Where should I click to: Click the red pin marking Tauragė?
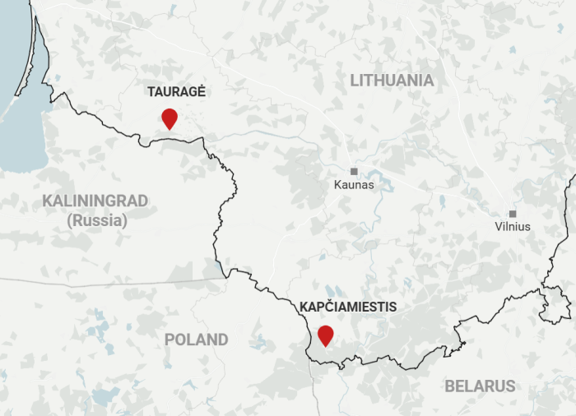tap(170, 118)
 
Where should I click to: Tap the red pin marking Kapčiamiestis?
tap(326, 335)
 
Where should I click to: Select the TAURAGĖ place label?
tap(176, 92)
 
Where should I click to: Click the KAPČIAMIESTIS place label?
tap(348, 307)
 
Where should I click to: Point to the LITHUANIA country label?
tap(392, 81)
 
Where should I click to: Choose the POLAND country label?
tap(196, 340)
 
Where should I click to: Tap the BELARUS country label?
tap(480, 386)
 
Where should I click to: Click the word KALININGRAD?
tap(95, 201)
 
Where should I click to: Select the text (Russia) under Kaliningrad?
tap(97, 220)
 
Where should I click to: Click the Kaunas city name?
tap(354, 185)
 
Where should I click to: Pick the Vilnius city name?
tap(513, 226)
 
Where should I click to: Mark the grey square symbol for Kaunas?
tap(354, 171)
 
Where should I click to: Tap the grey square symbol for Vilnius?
tap(513, 214)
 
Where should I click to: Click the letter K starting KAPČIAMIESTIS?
tap(304, 307)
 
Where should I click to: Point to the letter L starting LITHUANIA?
tap(355, 81)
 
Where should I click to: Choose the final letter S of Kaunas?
tap(370, 185)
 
